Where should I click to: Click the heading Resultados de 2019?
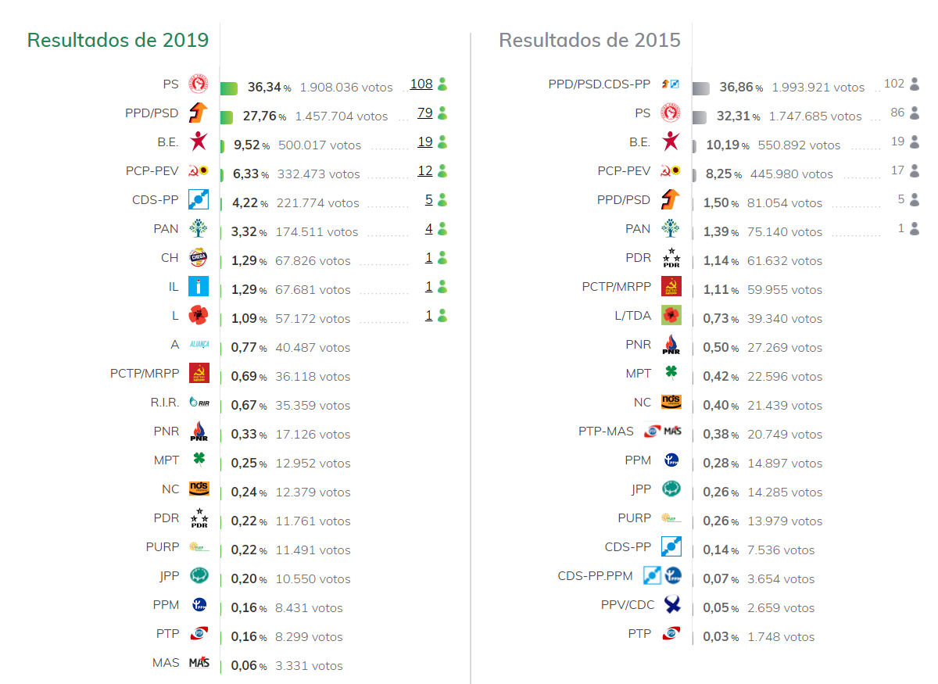pos(118,40)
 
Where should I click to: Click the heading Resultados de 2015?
pos(589,40)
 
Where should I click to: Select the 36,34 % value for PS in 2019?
pos(269,88)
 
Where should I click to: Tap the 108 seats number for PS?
pos(421,84)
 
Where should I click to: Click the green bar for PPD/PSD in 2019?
pos(227,116)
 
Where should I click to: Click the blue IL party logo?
pos(199,287)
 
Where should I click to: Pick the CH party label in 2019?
pos(170,258)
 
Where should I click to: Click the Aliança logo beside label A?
pos(199,345)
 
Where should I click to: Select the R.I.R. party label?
pos(165,403)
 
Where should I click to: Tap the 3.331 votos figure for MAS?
pos(309,666)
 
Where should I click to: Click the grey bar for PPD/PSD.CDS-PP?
pos(700,88)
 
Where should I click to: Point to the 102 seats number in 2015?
pos(894,84)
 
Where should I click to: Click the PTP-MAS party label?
pos(606,432)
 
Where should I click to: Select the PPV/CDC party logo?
pos(671,604)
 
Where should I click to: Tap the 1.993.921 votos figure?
pos(818,88)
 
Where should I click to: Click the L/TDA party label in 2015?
pos(632,316)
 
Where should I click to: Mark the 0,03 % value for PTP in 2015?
pos(721,637)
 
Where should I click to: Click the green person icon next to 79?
pos(442,113)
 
